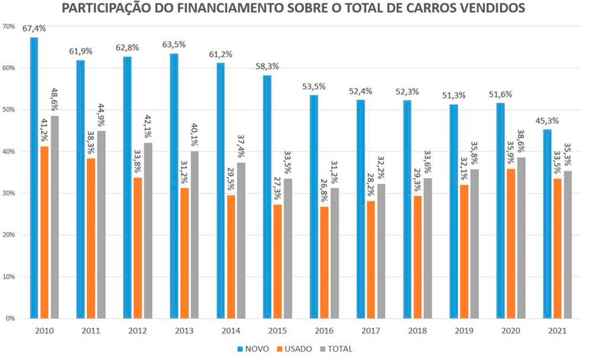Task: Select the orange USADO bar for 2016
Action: (x=324, y=262)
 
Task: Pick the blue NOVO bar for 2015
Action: (x=267, y=196)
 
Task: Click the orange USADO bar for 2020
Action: (x=511, y=243)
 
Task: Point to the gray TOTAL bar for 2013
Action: (x=194, y=234)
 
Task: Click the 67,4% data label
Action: (x=34, y=28)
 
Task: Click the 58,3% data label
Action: (x=267, y=66)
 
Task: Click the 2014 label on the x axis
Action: (x=231, y=331)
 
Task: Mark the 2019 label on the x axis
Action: (x=464, y=331)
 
